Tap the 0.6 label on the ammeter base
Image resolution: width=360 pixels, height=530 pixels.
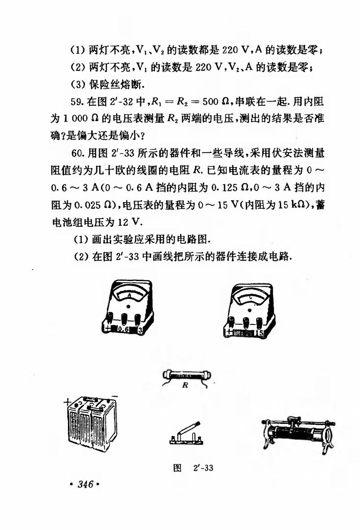pos(123,329)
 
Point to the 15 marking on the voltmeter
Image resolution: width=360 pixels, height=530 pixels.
pos(259,333)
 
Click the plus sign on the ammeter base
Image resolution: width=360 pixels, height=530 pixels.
pos(107,329)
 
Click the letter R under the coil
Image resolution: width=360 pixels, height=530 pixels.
pos(185,386)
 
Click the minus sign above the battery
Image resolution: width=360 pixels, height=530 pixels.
pos(114,395)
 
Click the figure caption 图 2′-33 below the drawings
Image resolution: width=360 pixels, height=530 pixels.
pos(193,468)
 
